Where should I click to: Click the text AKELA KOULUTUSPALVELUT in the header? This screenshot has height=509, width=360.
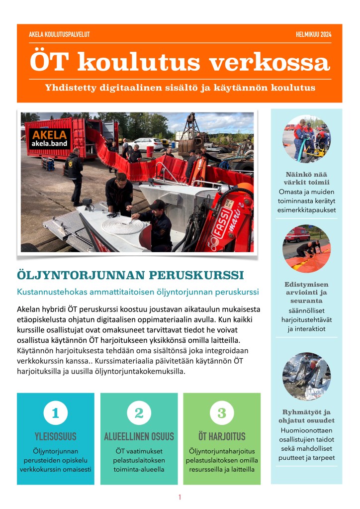point(59,34)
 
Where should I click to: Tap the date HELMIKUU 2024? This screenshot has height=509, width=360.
point(313,34)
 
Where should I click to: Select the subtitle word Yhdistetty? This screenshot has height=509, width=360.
point(71,88)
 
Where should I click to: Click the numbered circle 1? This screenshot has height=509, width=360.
point(55,412)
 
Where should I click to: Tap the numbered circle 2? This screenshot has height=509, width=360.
point(139,412)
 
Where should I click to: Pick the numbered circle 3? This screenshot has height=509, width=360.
point(222,412)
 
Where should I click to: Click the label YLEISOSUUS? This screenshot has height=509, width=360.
point(55,436)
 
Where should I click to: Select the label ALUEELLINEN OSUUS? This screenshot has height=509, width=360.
point(139,436)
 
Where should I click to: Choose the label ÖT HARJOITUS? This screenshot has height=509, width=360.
point(222,436)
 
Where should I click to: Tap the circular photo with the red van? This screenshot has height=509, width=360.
point(306,249)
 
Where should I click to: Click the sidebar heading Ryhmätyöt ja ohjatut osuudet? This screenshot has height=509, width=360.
point(306,416)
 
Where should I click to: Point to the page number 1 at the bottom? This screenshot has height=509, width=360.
point(180,497)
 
